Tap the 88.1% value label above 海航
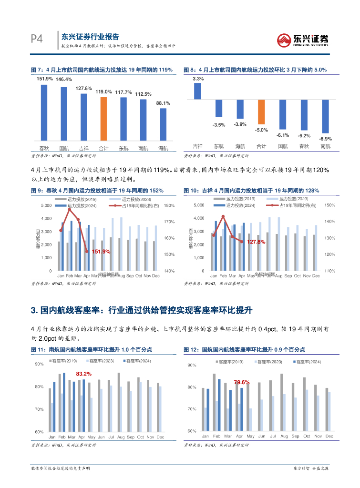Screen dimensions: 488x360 coord(163,103)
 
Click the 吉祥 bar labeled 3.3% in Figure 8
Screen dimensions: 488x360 coord(198,91)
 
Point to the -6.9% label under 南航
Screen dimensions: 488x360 coord(326,138)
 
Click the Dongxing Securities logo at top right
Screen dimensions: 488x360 coord(303,40)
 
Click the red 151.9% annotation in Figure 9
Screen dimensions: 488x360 coord(100,251)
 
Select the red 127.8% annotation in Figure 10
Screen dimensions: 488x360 coord(256,242)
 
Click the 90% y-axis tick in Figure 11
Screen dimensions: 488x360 coord(39,364)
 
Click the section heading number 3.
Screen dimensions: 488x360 coord(34,311)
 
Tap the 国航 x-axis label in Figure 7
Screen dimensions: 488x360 coord(63,148)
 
